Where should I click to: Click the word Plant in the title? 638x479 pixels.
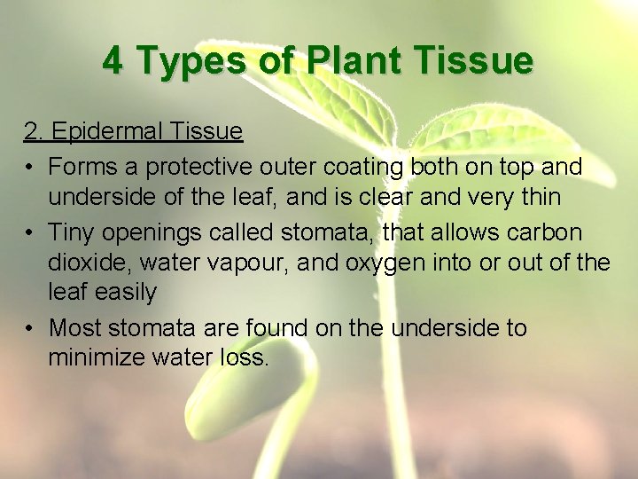(348, 61)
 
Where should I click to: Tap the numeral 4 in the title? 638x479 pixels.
(113, 61)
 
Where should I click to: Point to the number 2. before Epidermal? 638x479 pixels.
(34, 132)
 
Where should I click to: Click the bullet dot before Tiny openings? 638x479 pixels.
(29, 232)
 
